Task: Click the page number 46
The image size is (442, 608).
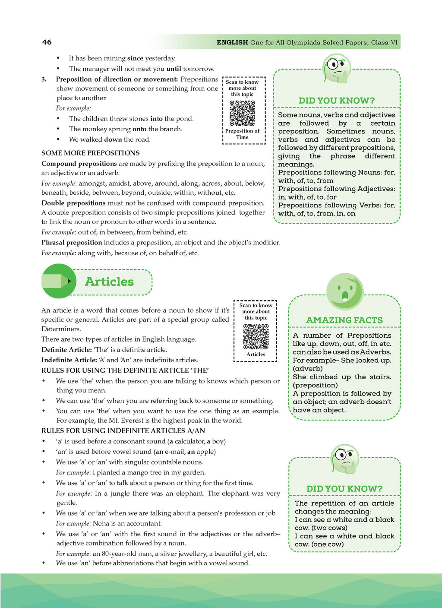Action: (x=47, y=42)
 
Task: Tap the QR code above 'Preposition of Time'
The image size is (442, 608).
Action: (x=242, y=113)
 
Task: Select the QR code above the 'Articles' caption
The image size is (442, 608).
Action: (x=256, y=336)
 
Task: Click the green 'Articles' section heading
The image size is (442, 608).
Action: (x=109, y=282)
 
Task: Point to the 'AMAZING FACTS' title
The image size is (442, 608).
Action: (x=344, y=320)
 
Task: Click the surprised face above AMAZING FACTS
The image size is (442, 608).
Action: (x=344, y=292)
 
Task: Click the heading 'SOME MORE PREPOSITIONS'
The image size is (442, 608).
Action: (x=90, y=153)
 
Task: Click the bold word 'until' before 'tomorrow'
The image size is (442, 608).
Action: (x=174, y=69)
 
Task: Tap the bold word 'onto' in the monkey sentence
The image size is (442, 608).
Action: (x=139, y=129)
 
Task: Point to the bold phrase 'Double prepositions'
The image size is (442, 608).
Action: (x=73, y=203)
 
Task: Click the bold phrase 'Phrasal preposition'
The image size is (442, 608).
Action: (x=72, y=243)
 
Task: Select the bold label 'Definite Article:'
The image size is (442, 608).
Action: (x=66, y=350)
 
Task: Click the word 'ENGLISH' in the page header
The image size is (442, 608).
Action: (x=232, y=42)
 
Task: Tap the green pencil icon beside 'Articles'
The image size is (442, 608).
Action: (x=58, y=281)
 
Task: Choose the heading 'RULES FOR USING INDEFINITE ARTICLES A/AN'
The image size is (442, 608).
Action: (x=123, y=431)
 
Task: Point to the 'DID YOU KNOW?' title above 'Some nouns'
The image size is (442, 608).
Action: (x=337, y=101)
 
